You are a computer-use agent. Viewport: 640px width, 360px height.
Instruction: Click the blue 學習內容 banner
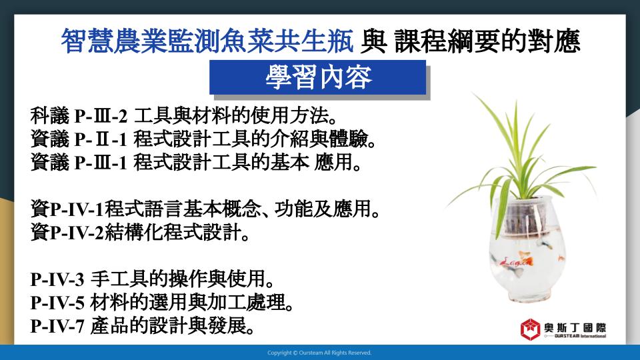[x=317, y=77]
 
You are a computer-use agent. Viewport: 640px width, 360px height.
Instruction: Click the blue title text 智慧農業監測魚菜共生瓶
[x=207, y=41]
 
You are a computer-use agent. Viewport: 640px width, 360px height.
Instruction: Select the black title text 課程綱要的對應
[x=487, y=41]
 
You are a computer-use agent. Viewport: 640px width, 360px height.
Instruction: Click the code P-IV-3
[x=57, y=280]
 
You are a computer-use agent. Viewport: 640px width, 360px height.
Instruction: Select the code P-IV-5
[x=57, y=303]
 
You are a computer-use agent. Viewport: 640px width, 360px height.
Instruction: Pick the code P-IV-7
[x=57, y=327]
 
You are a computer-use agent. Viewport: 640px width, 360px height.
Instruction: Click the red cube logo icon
[x=530, y=329]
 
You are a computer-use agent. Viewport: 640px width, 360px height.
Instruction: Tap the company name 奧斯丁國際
[x=575, y=327]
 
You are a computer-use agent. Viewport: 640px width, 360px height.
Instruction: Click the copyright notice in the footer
[x=319, y=353]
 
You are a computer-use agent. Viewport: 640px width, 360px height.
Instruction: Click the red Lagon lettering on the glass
[x=516, y=261]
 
